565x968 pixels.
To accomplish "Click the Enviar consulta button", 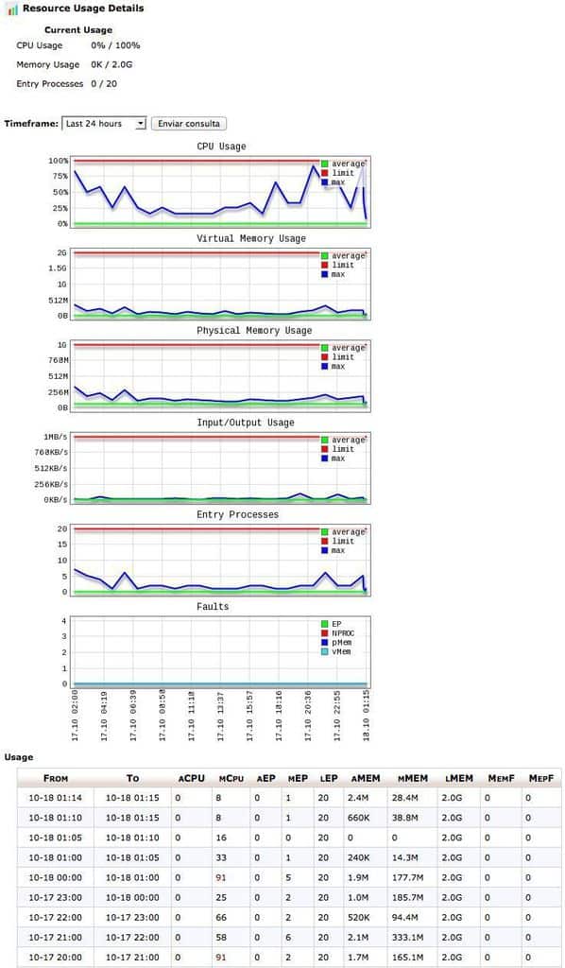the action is (189, 124).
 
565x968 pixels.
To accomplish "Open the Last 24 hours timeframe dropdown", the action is (104, 124).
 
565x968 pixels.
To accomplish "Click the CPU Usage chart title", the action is (221, 147).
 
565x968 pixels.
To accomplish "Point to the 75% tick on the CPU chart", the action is (60, 176).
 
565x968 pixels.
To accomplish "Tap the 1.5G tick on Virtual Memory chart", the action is (59, 268).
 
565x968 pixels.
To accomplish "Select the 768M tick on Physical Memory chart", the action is (58, 360).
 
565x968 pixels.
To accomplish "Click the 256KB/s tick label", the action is (52, 484).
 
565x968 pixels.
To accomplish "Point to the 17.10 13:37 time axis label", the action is (221, 717).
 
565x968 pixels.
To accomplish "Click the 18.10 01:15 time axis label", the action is (367, 717).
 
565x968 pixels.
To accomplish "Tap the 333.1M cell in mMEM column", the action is (407, 937).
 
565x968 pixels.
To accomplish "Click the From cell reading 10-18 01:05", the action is (55, 838).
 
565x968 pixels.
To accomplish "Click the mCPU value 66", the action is (221, 917).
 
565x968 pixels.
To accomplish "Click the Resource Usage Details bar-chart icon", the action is (12, 9).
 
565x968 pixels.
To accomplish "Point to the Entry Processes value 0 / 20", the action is (104, 83).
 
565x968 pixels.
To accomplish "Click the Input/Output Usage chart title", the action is (237, 423).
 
